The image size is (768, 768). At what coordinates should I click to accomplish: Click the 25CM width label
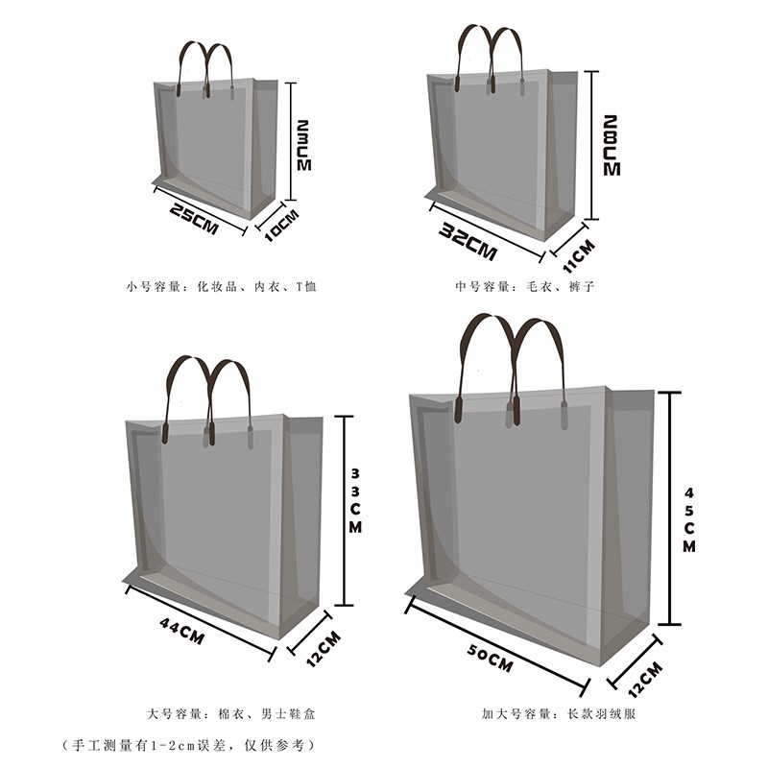tap(194, 219)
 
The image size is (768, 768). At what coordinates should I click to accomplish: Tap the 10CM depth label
tap(281, 226)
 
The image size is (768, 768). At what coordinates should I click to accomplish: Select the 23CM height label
tap(303, 146)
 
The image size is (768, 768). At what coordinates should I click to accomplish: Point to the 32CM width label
tap(468, 241)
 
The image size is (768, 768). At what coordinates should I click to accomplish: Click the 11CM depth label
tap(579, 256)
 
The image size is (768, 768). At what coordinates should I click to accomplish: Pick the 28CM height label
tap(612, 146)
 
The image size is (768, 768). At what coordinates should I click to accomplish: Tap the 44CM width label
tap(181, 631)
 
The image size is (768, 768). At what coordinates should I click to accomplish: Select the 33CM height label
tap(355, 500)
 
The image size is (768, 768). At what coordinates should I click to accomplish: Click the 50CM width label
tap(490, 658)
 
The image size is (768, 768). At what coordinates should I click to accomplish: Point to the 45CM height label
tap(689, 519)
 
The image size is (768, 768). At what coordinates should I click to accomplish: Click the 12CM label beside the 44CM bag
tap(324, 649)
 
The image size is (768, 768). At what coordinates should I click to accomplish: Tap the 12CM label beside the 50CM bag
tap(645, 680)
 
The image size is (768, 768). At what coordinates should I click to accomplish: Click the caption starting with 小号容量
tap(221, 286)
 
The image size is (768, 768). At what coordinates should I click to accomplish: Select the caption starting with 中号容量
tap(524, 286)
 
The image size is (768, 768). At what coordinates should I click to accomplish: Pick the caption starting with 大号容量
tap(231, 713)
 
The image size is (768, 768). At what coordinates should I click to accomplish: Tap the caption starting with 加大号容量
tap(559, 713)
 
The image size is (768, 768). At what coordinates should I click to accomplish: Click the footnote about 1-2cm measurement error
tap(188, 746)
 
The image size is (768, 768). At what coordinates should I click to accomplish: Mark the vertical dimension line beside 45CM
tap(669, 509)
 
